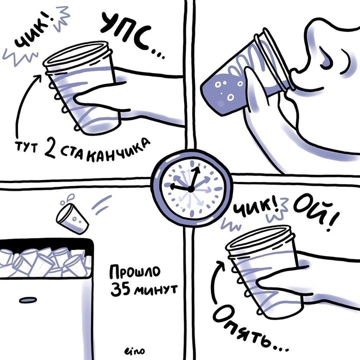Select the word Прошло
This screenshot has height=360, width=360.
(x=135, y=272)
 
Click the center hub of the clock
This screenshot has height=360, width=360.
(x=191, y=189)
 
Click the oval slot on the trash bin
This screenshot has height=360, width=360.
(x=28, y=300)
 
